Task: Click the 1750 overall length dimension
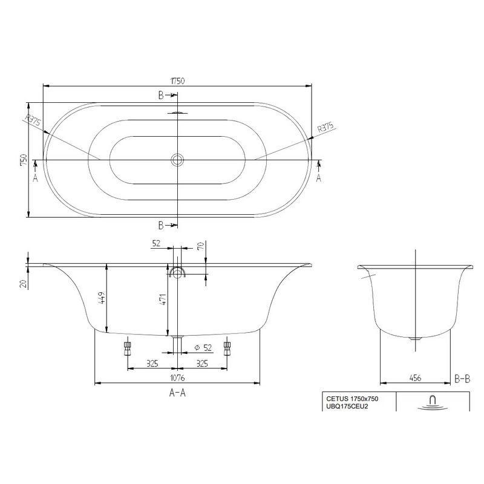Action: click(177, 81)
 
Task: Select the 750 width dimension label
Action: click(24, 160)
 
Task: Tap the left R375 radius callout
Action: click(33, 120)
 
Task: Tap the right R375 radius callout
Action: click(325, 127)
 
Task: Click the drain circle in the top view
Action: click(177, 160)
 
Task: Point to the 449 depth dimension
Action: click(102, 298)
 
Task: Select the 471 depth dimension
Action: click(163, 299)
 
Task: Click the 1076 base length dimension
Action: click(177, 378)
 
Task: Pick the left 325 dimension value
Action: click(152, 364)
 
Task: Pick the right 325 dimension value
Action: click(202, 364)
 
